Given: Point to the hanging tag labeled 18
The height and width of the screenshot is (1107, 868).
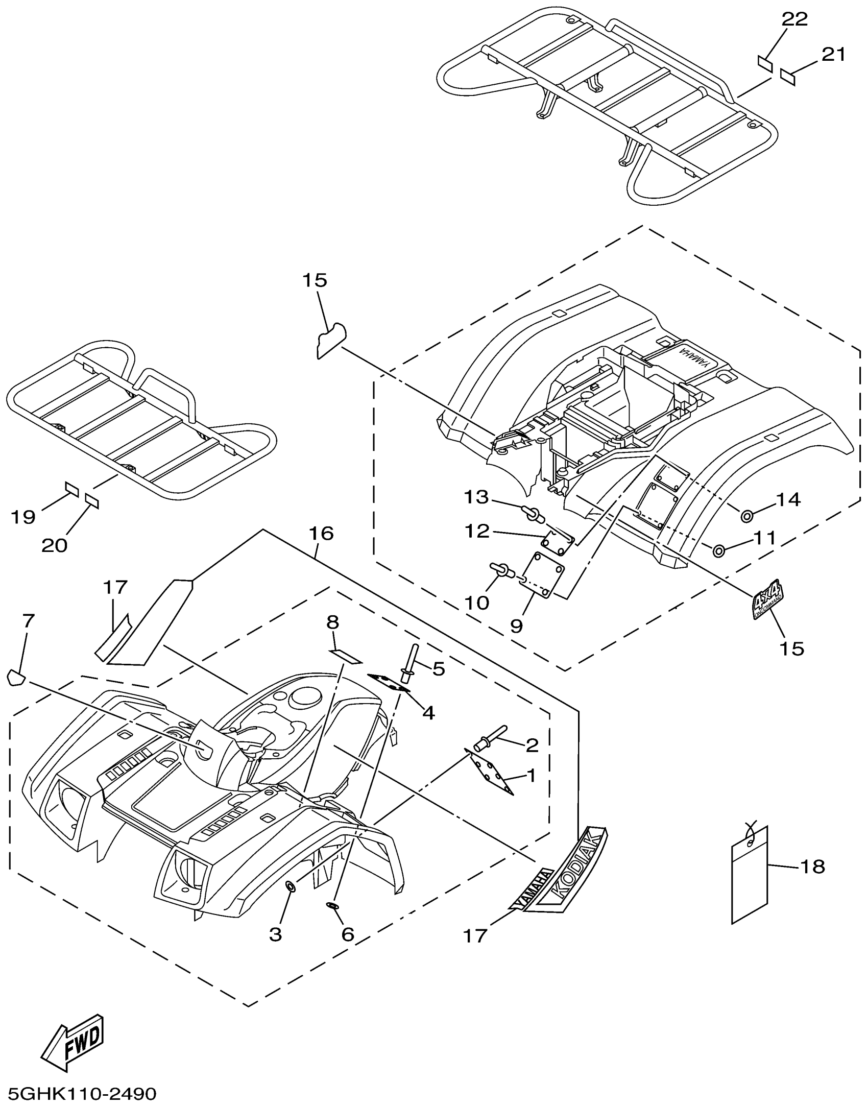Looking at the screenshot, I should point(750,876).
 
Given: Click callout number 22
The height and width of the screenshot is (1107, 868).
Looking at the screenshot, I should point(795,19).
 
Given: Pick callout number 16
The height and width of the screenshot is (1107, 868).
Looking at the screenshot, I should point(321,534).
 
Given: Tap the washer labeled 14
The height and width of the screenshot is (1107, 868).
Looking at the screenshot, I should point(746,517).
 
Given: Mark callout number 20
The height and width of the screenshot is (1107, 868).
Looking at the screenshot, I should point(54,546).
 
